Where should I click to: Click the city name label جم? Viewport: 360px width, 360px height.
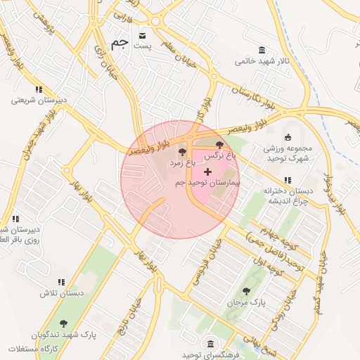(120, 42)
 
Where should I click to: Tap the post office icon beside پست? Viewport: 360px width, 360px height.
(143, 35)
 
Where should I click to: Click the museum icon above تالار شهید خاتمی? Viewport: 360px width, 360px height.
(262, 50)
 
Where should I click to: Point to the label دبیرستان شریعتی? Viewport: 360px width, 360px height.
(39, 100)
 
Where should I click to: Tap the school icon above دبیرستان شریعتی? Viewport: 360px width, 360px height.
(39, 89)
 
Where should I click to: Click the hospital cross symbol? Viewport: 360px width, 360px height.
(207, 172)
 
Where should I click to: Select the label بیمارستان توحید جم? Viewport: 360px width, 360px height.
(207, 182)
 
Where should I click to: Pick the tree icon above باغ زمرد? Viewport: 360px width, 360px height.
(182, 152)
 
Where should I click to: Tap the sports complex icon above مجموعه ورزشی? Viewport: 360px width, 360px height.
(287, 137)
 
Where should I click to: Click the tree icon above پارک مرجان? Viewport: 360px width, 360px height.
(245, 291)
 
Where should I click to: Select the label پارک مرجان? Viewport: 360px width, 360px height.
(247, 302)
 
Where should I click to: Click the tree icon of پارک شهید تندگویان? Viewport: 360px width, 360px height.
(63, 324)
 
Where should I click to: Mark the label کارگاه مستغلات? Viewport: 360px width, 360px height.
(32, 349)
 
